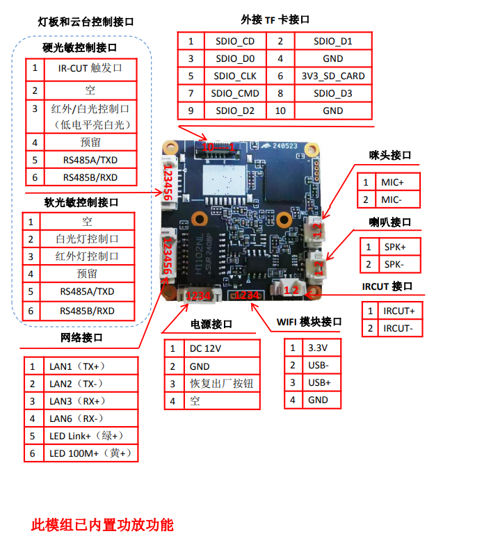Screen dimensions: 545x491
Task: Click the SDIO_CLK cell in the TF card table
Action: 235,76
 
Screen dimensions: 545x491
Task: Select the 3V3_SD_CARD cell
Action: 332,76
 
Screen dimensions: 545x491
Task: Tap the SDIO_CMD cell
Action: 235,93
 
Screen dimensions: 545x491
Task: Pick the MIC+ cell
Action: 392,182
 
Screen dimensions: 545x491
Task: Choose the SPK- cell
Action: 394,264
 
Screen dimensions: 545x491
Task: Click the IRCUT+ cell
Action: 399,311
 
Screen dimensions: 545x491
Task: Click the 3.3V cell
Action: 318,348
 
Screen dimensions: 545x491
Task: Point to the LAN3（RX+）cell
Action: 78,401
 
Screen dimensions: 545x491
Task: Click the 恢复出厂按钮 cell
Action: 221,383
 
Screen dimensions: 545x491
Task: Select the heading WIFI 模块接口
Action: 309,321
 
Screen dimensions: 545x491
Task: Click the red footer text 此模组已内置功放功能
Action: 102,525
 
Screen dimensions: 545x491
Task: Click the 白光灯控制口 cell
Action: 87,238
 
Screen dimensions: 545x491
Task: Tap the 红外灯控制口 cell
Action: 87,256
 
